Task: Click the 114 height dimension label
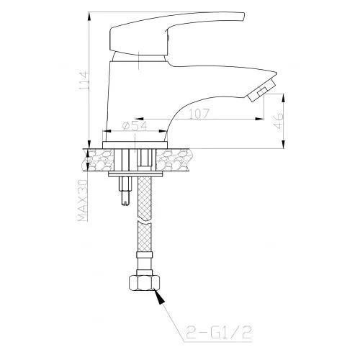pos(84,81)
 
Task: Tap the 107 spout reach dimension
pos(199,114)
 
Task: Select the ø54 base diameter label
pos(134,126)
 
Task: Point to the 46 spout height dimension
pos(279,121)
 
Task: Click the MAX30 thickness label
pos(82,200)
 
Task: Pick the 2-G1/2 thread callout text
pos(219,332)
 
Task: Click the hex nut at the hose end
pos(145,283)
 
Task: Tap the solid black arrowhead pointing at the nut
pos(159,297)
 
